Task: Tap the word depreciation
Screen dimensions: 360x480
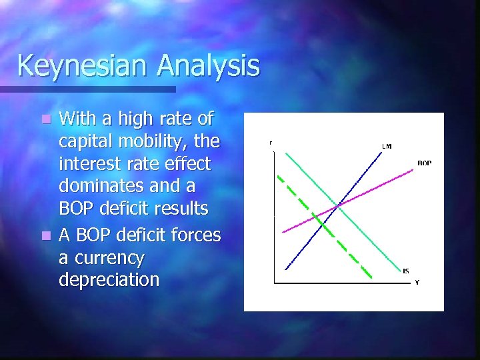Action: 109,279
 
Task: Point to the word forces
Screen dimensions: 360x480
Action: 197,235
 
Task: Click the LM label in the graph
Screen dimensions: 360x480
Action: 387,146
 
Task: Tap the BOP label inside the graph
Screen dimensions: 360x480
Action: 424,163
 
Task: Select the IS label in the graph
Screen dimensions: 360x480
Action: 406,271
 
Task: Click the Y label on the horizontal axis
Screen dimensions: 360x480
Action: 417,283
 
